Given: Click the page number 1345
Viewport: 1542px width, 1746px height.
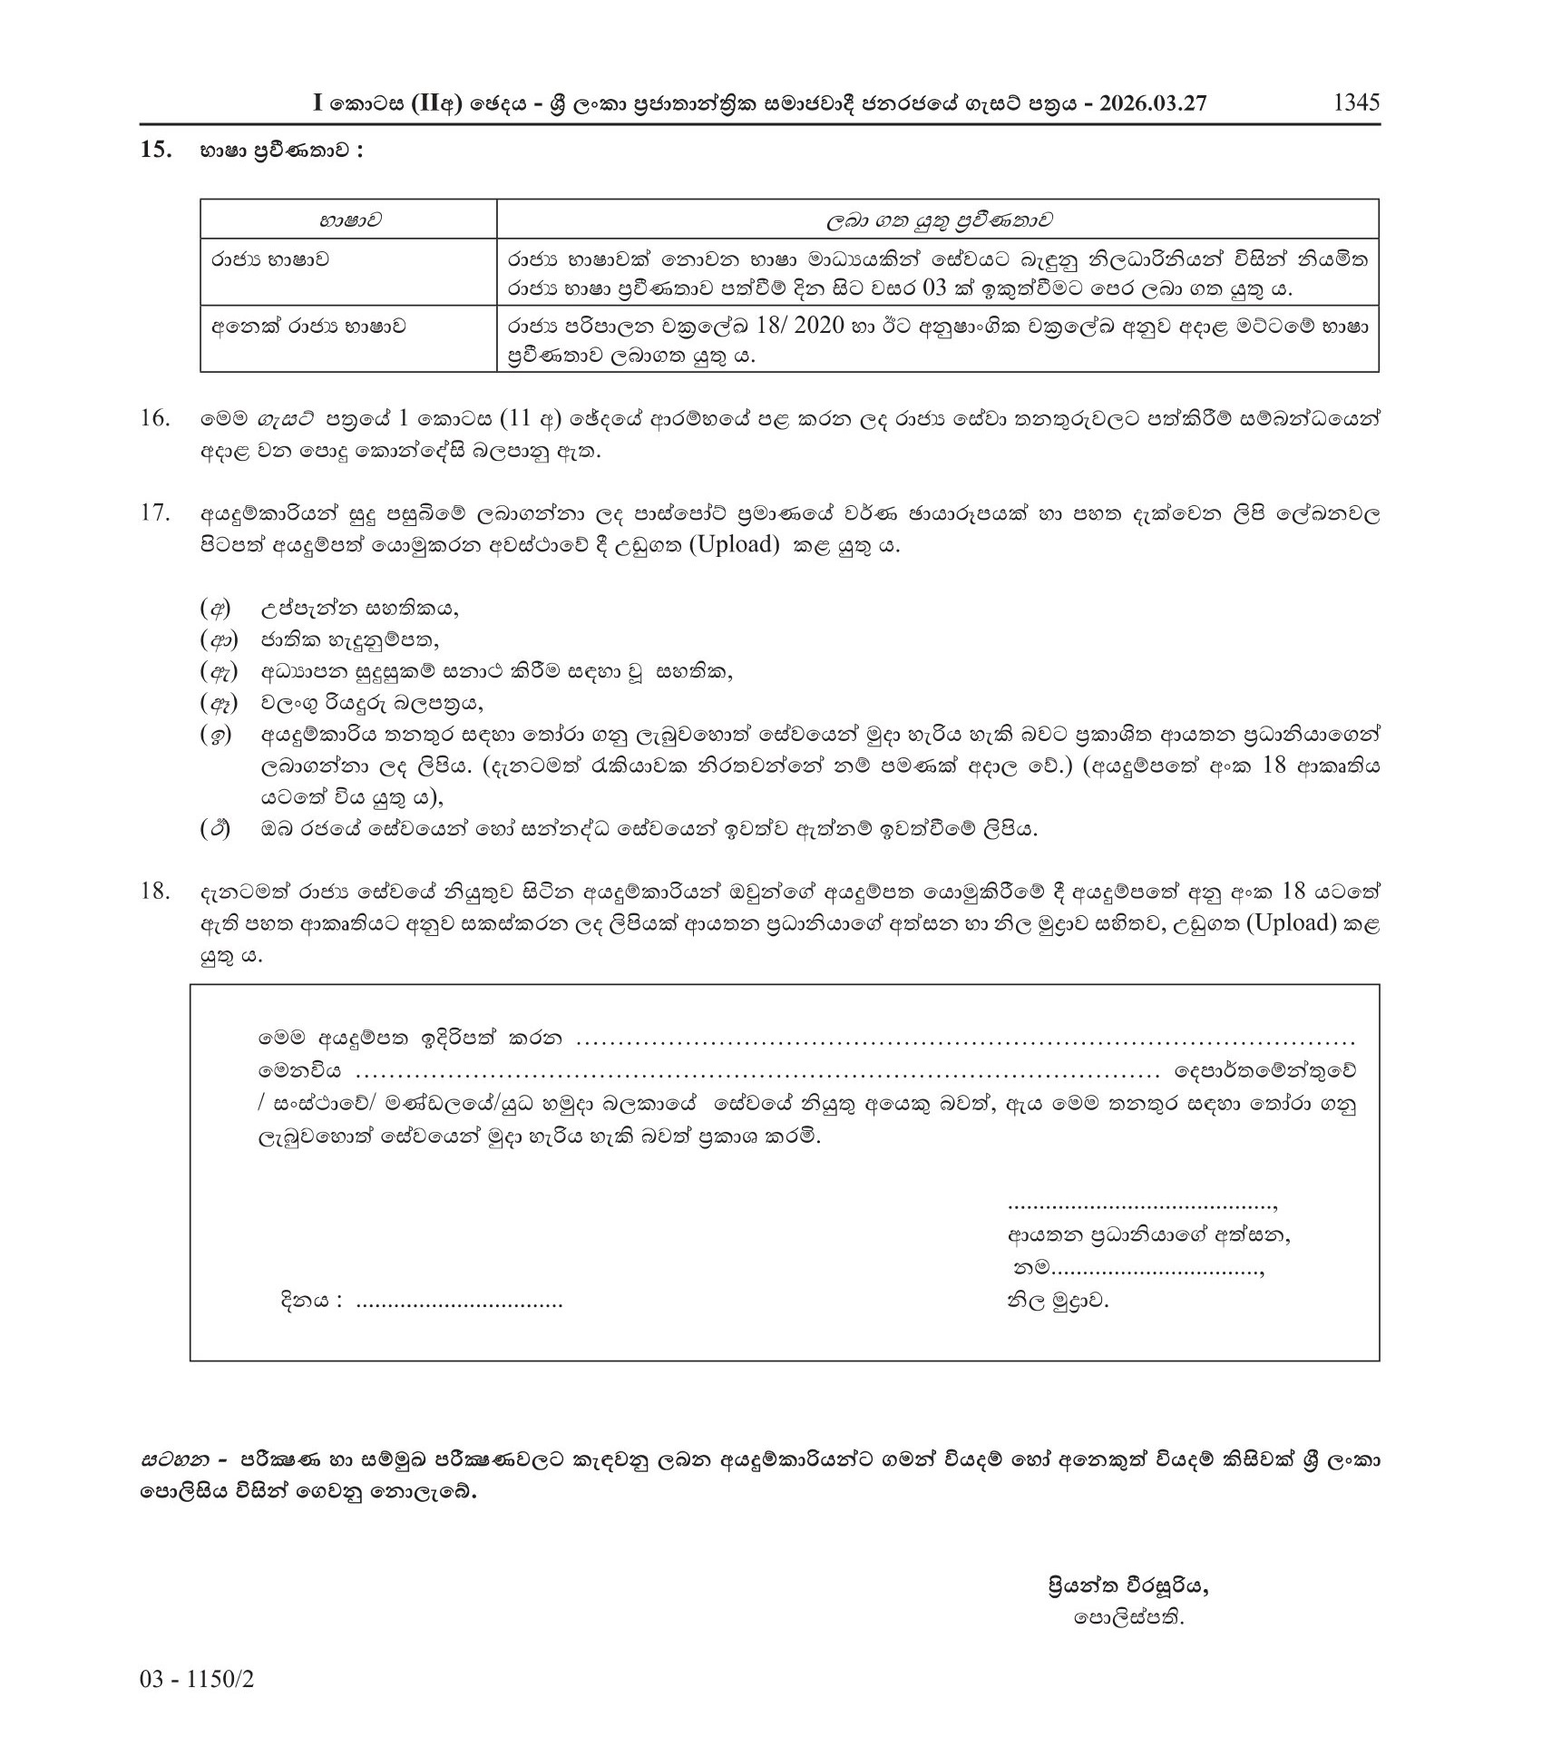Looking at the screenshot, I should [1355, 102].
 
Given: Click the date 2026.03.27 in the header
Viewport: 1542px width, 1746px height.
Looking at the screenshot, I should [1153, 103].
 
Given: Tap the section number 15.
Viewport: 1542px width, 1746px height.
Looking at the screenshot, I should [156, 151].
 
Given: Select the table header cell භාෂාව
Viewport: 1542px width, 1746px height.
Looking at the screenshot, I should [348, 220].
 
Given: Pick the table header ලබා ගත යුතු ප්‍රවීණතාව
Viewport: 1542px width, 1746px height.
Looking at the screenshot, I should [938, 220].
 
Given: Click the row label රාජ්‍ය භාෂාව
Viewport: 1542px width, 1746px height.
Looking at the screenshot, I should [270, 260].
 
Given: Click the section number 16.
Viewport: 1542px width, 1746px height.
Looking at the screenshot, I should [156, 419].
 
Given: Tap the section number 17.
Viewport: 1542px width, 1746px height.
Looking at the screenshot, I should [156, 513].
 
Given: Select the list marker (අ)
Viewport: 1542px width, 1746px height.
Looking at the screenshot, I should [215, 609].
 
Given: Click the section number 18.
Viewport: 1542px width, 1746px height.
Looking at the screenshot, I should [156, 892].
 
